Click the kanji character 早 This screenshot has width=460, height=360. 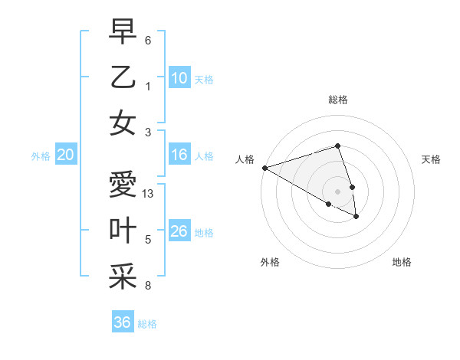(123, 33)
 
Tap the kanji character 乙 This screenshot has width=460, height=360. (123, 77)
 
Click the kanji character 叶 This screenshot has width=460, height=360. (123, 231)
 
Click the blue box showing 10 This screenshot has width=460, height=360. (179, 77)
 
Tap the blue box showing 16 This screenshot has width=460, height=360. (179, 155)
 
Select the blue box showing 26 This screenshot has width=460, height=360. (179, 231)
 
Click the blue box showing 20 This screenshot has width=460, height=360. (66, 155)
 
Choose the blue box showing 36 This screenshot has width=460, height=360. (123, 322)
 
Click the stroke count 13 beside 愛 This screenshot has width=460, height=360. (149, 194)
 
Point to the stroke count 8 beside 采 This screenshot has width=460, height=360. (148, 286)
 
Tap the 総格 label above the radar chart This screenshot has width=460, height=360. (337, 100)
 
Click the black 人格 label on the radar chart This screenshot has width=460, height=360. (245, 159)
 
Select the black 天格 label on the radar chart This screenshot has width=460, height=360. (431, 159)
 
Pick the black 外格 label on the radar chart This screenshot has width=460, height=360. (270, 262)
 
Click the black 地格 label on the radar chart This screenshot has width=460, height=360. (402, 262)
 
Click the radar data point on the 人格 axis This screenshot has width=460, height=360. (264, 167)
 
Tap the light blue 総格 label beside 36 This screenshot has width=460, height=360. (147, 324)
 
